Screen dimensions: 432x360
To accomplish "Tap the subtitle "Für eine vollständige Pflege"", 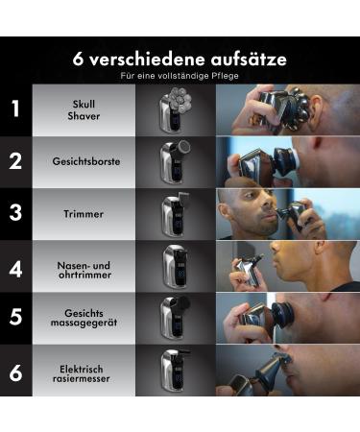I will coord(180,75).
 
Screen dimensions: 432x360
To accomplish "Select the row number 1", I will coord(15,108).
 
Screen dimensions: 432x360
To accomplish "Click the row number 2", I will coord(15,160).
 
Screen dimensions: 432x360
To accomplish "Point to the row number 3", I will coord(15,212).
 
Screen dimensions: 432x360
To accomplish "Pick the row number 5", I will coord(15,319).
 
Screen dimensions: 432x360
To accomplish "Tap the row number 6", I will coord(15,372).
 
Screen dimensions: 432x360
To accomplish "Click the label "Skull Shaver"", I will coord(84,108).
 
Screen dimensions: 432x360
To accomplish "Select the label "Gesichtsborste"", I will coord(85,161).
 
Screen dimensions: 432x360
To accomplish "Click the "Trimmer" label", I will coord(84,213).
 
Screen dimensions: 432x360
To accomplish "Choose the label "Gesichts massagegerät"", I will coord(84,320).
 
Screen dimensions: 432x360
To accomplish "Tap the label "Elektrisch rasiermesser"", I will coord(84,372).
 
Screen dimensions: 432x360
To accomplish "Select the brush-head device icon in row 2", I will coord(175,160).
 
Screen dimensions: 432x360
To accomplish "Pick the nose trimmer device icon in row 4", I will coord(175,266).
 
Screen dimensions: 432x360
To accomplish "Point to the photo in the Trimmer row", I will coord(287,212).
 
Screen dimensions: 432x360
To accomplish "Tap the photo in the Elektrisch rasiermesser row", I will coord(287,372).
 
